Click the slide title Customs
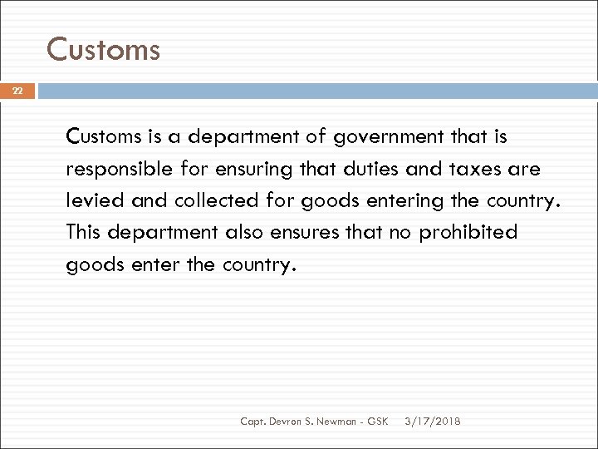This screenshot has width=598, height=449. click(x=103, y=50)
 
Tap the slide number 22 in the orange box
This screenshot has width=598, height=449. click(x=17, y=91)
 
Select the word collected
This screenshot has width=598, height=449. click(x=200, y=200)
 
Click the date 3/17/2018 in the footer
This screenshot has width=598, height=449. click(x=433, y=422)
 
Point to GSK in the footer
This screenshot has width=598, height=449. click(x=377, y=422)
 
